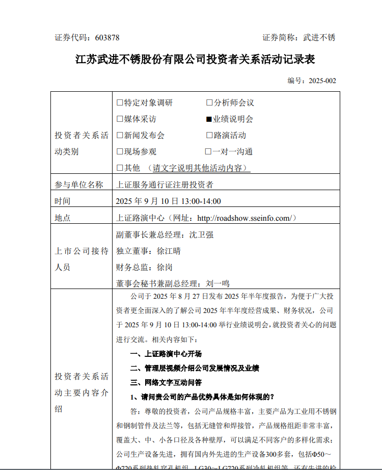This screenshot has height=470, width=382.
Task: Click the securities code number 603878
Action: [106, 38]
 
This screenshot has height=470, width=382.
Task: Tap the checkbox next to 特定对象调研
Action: [120, 103]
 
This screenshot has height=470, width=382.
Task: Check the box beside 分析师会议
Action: [209, 103]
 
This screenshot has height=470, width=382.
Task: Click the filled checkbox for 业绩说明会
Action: [209, 119]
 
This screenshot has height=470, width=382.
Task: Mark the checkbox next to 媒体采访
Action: [120, 119]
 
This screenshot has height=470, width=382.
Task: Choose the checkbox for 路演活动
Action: [209, 136]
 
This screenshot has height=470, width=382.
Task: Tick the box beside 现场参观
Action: [120, 152]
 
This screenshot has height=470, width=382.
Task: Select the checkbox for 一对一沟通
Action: [208, 152]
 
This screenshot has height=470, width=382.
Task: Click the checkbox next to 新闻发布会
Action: [120, 136]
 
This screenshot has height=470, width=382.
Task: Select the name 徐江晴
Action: [169, 251]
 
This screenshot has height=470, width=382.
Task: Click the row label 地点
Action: [63, 218]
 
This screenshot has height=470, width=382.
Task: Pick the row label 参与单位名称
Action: [79, 185]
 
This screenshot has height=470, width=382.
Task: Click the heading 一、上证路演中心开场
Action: [166, 354]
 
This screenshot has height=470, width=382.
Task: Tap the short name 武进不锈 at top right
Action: [319, 38]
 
